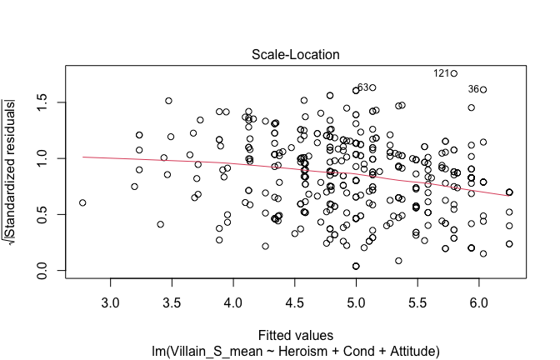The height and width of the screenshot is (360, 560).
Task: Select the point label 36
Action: click(x=474, y=89)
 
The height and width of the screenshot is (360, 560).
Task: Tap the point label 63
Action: click(x=362, y=87)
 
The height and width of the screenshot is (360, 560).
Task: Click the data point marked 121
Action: click(x=454, y=73)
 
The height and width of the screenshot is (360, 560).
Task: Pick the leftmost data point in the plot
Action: click(x=82, y=202)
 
